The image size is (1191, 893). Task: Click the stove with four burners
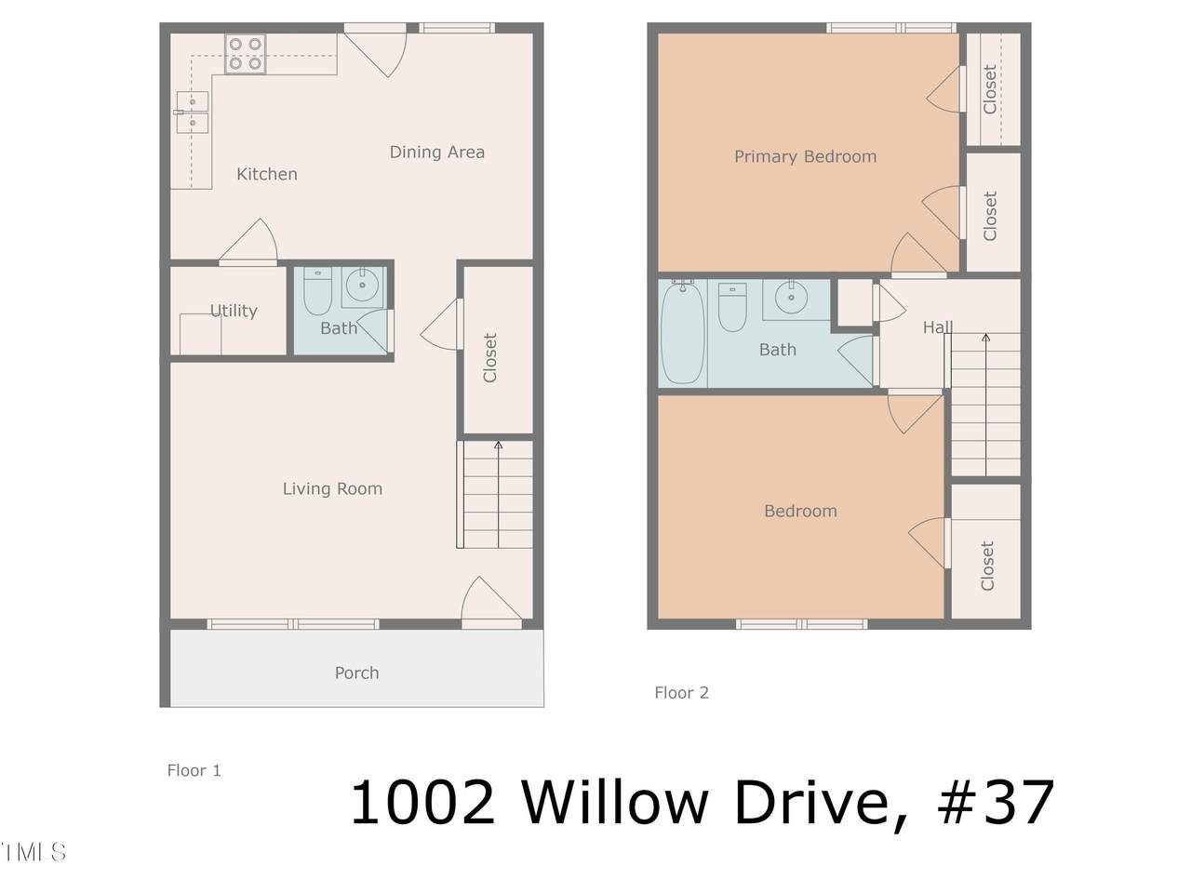pos(246,54)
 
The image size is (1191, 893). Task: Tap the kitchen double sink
pos(192,113)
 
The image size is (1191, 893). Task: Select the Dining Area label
pos(436,152)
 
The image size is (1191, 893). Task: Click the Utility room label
pos(234,311)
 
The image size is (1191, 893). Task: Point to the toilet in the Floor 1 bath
pos(317,290)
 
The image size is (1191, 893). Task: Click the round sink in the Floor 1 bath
pos(362,286)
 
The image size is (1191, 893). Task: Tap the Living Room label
pos(332,488)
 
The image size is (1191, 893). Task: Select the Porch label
pos(356,673)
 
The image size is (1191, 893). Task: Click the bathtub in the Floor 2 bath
pos(683,332)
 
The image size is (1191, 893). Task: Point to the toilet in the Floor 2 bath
pos(732,306)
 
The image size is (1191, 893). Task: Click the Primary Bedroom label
pos(805,156)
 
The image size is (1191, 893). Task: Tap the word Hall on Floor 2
pos(938,327)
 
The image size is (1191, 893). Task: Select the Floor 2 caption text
pos(681,692)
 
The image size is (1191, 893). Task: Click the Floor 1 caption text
pos(194,770)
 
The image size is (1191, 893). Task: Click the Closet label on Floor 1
pos(490,358)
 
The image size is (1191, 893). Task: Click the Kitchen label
pos(267,174)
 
